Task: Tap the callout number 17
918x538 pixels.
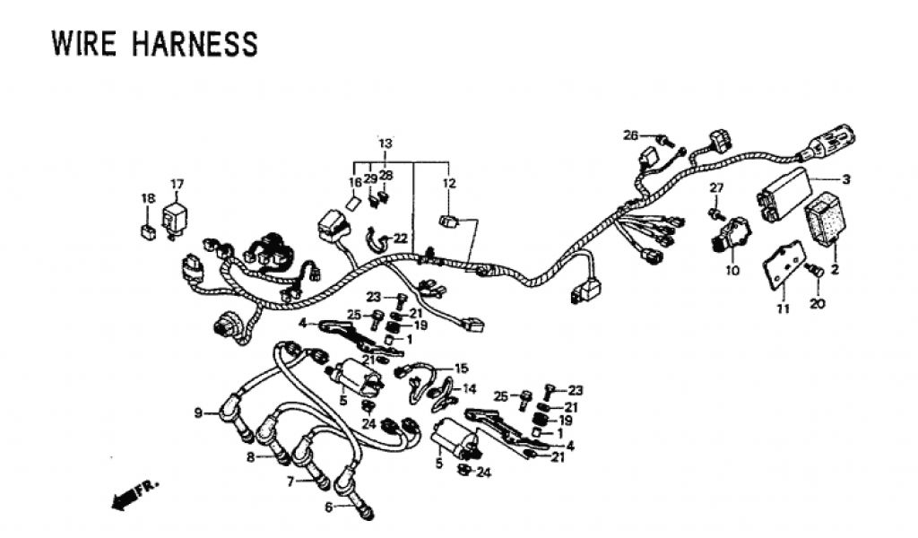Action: tap(177, 185)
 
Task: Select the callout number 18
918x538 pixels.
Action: tap(148, 198)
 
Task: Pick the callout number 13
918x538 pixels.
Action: tap(385, 143)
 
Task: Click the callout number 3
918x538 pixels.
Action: tap(845, 179)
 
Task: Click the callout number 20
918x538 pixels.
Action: tap(816, 304)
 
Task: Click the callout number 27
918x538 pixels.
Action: tap(715, 187)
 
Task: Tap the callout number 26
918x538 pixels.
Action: tap(631, 135)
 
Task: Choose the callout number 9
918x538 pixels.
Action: tap(198, 412)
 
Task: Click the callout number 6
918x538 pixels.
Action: tap(328, 508)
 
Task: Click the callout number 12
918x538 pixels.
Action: tap(448, 184)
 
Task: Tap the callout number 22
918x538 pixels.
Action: tap(400, 238)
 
